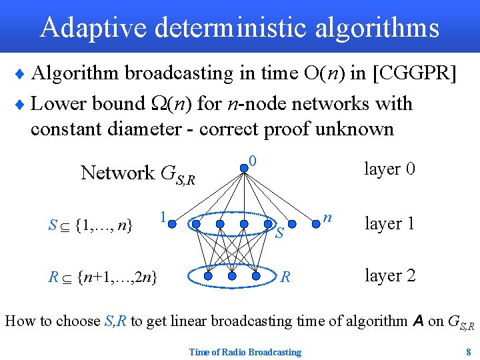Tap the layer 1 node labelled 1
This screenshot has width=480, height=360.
tap(172, 224)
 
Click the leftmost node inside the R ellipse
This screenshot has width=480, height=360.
tap(208, 275)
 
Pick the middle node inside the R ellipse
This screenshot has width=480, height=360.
tap(232, 275)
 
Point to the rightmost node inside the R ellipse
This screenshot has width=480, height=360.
tap(257, 275)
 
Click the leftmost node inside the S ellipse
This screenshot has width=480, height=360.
tap(196, 224)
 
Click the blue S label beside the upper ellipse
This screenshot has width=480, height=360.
tap(280, 233)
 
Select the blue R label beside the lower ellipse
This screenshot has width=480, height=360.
tap(285, 276)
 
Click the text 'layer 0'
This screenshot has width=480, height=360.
tap(389, 169)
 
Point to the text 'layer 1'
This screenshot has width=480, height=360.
tap(389, 223)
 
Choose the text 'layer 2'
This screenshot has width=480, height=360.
tap(389, 275)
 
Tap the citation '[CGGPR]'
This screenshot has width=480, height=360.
tap(415, 73)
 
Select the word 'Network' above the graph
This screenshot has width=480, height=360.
tap(117, 173)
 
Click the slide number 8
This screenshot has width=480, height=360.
tap(469, 351)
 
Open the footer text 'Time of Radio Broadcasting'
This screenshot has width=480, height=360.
tap(245, 351)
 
